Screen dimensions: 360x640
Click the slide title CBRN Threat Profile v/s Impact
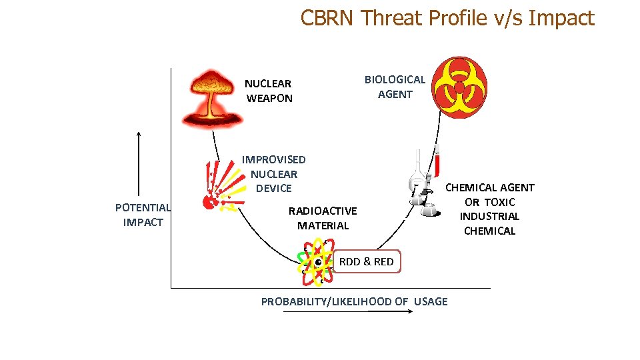[447, 18]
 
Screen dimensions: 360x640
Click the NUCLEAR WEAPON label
[269, 91]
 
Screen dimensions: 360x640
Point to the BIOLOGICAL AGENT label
[395, 87]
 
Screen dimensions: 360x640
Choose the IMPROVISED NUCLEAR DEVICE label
[273, 174]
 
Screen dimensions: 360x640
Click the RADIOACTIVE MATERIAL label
[323, 218]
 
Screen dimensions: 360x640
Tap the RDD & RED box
[366, 261]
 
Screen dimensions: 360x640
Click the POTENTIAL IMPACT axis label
[143, 215]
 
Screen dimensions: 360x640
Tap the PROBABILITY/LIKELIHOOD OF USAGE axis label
[354, 301]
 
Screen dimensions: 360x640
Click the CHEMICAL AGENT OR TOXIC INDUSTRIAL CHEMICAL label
[490, 209]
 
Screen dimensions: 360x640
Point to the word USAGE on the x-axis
[431, 301]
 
